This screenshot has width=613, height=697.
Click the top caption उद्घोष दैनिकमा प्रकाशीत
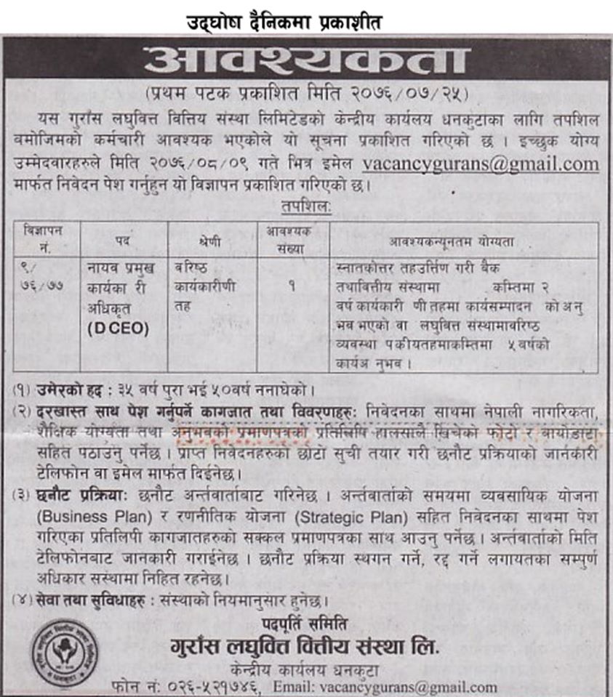coord(283,23)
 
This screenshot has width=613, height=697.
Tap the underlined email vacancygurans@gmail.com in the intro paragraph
coord(481,164)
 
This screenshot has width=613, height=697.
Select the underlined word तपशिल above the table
coord(305,208)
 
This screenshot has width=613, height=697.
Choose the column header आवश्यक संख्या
coord(288,238)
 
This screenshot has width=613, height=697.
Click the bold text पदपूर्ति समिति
coord(305,624)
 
